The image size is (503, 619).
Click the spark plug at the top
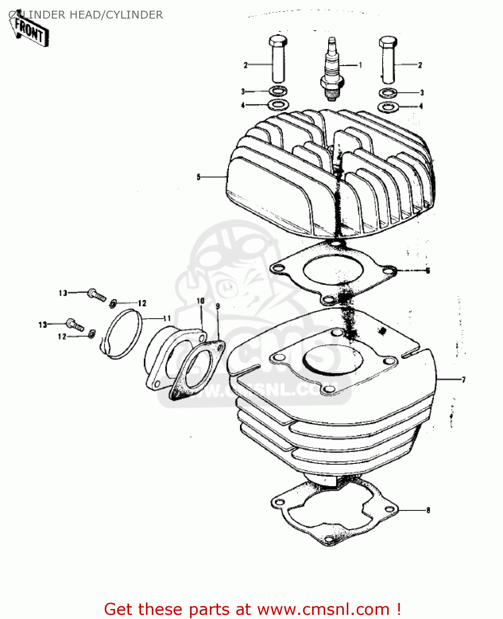[x=332, y=70]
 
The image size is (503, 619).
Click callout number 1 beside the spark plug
[x=360, y=65]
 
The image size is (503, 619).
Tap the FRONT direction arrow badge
[x=30, y=31]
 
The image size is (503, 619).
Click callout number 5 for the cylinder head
[x=199, y=177]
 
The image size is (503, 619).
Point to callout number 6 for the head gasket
[x=428, y=271]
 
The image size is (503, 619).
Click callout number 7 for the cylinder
[x=463, y=380]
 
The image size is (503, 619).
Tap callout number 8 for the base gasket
[x=428, y=510]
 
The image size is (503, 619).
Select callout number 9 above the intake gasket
[x=218, y=306]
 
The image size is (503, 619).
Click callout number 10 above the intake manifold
[x=201, y=301]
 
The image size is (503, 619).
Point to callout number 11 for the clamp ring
[x=167, y=319]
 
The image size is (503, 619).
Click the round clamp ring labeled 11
[x=122, y=333]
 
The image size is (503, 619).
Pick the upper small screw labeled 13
[x=96, y=295]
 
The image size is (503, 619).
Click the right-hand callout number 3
[x=422, y=93]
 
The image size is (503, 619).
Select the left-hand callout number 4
[x=243, y=105]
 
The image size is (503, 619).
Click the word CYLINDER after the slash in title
[x=134, y=15]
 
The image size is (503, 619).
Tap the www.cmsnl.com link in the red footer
[x=323, y=609]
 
